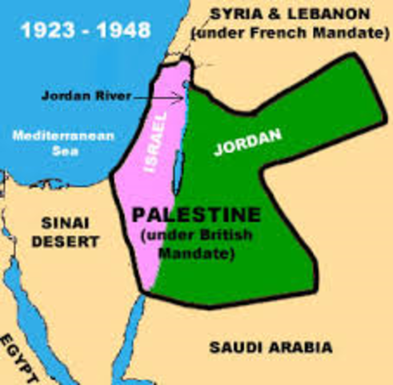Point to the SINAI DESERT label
[x=68, y=231]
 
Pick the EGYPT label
[x=19, y=356]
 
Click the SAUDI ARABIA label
[x=271, y=347]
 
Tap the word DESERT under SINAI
[x=68, y=241]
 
